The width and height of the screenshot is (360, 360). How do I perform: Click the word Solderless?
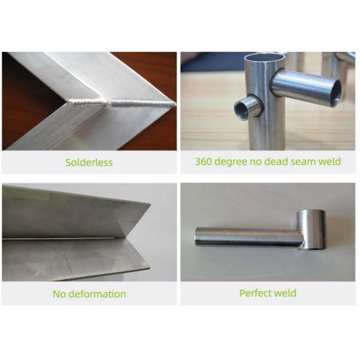pos(89,163)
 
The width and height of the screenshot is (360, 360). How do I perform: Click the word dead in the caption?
pos(276,161)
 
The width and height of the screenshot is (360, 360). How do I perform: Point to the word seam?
pos(303,162)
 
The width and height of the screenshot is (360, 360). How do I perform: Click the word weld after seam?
pos(329,161)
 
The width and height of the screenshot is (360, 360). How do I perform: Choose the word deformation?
pos(97,294)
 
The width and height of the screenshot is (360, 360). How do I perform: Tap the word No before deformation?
pos(59,294)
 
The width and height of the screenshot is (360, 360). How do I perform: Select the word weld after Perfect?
pos(285,293)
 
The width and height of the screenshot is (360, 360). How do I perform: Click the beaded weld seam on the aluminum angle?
pos(121,103)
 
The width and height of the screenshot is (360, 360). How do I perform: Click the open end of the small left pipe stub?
pos(241,111)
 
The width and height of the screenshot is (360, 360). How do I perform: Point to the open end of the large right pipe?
pos(335,92)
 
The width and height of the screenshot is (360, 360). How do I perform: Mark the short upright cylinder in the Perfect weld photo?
pos(311,230)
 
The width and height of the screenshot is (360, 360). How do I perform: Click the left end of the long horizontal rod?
pos(197,237)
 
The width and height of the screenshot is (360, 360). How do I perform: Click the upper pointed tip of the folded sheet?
pos(150,203)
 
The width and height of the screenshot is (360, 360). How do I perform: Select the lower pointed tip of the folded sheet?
pos(149,267)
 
